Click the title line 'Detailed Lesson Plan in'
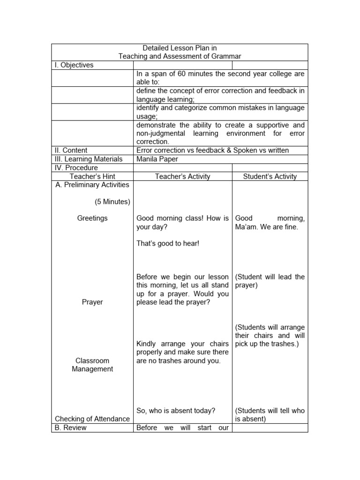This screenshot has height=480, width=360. (x=180, y=48)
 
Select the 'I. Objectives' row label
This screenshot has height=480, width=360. (x=74, y=65)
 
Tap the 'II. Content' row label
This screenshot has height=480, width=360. (x=71, y=150)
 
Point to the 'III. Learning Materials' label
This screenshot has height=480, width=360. (x=89, y=159)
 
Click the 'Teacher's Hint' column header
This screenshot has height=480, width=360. (x=92, y=176)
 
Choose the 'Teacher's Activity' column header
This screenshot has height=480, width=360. (x=183, y=176)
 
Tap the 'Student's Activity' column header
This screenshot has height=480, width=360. (x=270, y=176)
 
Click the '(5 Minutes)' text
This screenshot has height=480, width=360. (x=112, y=202)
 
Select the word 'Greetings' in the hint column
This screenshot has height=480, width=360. (x=92, y=218)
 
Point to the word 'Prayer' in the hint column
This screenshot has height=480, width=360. (x=92, y=302)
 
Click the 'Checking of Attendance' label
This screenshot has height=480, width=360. (x=92, y=419)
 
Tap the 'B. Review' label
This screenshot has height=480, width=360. (x=71, y=427)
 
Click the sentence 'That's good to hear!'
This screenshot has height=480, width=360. (x=168, y=244)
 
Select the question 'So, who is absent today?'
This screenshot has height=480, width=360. (x=176, y=411)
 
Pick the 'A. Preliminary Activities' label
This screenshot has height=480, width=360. (x=92, y=185)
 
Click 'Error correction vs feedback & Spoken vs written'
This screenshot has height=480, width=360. (x=212, y=150)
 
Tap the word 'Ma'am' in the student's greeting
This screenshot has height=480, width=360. (x=245, y=227)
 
